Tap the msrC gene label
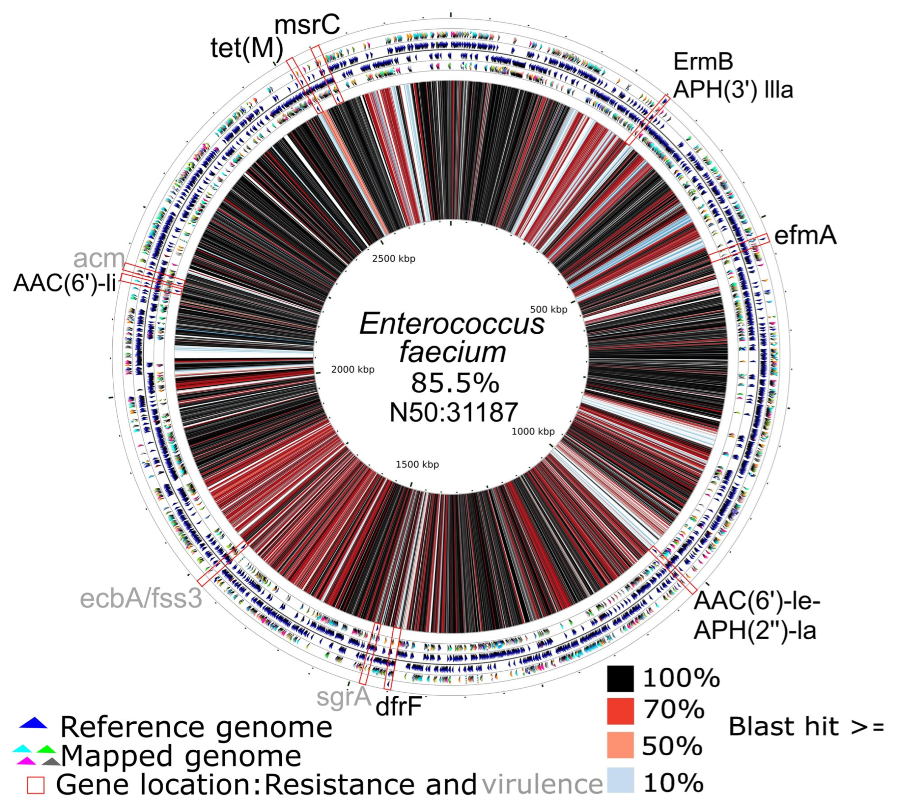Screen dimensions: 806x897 [307, 25]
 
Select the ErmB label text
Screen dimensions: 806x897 [703, 62]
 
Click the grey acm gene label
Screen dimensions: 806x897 [99, 258]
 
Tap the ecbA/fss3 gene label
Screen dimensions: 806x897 [141, 599]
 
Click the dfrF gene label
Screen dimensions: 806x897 [398, 707]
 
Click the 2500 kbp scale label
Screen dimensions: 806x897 [394, 259]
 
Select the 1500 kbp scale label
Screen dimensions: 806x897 [417, 465]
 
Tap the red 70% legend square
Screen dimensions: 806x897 [620, 711]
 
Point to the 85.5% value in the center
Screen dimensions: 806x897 [455, 383]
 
